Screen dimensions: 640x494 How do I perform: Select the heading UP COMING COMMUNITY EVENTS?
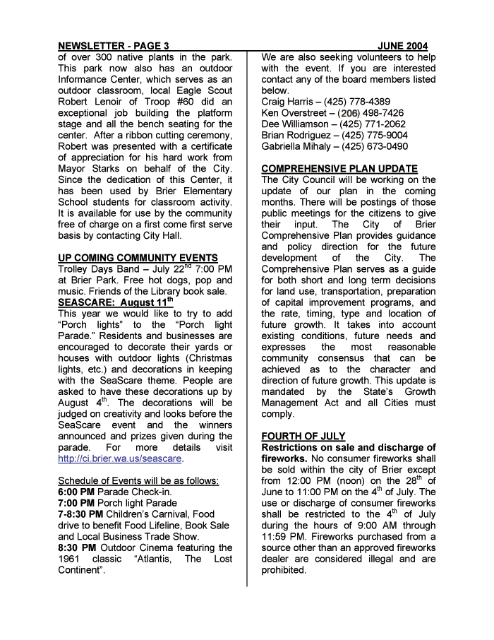138,258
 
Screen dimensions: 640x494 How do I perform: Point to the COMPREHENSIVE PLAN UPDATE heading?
339,169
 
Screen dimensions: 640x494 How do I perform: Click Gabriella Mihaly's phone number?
375,146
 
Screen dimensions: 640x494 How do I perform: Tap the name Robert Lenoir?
91,102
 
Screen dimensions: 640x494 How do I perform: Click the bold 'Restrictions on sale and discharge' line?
349,448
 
